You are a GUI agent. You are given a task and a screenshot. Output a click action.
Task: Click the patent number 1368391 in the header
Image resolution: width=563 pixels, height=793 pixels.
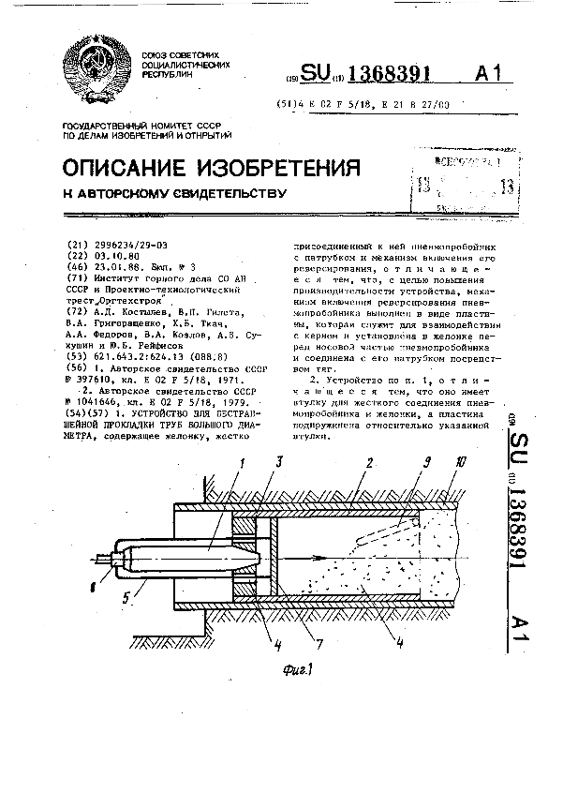[x=404, y=75]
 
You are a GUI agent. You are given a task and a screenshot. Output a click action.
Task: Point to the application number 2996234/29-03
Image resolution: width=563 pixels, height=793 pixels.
[x=130, y=244]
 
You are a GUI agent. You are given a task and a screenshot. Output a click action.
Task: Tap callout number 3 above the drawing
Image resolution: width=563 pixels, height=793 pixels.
[x=278, y=463]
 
